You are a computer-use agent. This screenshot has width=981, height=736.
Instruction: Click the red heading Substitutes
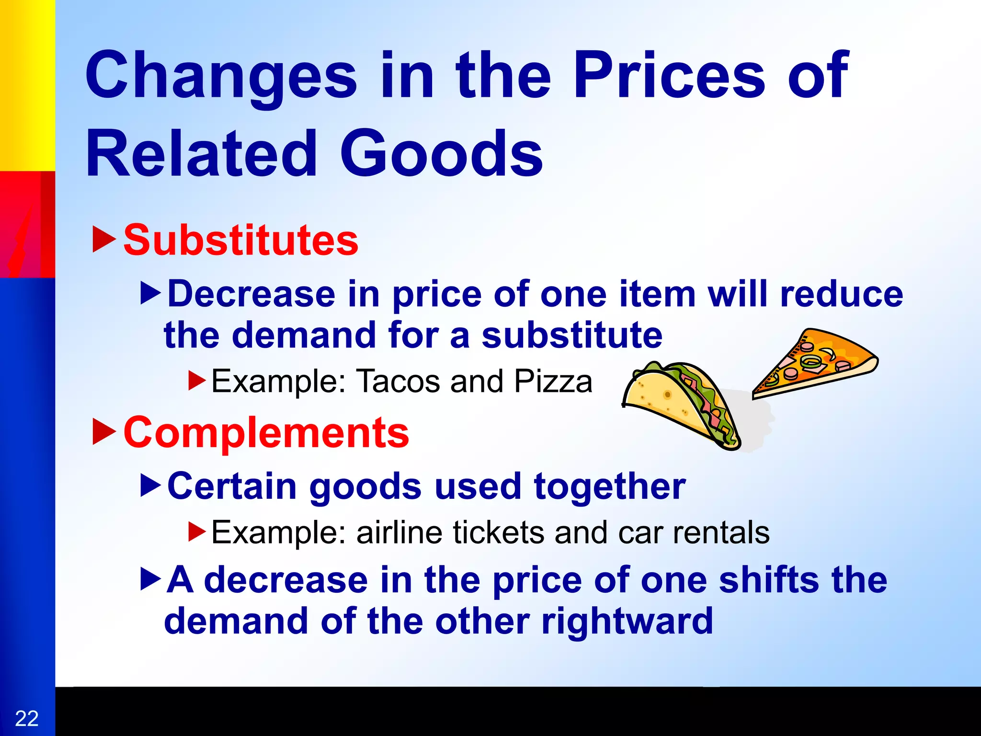pos(241,240)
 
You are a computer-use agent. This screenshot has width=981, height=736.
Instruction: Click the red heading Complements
pos(266,432)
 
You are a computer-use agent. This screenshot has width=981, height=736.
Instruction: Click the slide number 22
pos(27,719)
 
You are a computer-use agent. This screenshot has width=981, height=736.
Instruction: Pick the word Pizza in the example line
pos(553,381)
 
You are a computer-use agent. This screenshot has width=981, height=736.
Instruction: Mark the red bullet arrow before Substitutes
pos(104,240)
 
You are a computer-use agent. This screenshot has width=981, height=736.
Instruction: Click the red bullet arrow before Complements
pos(104,431)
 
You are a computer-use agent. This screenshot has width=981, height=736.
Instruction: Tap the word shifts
pos(768,580)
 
